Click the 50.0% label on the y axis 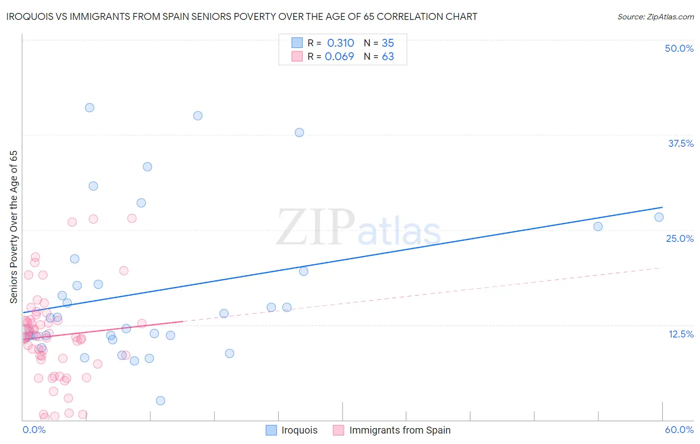(679, 48)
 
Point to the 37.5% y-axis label (681, 143)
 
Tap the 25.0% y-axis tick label (680, 238)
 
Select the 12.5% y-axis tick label (681, 334)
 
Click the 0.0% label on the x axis (34, 430)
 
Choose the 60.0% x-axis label (679, 430)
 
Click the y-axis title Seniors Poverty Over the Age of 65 (13, 227)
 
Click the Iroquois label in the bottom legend (299, 430)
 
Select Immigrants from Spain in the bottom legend (400, 430)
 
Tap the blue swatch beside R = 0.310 (297, 43)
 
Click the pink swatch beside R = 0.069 (297, 56)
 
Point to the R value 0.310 (341, 43)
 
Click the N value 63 (388, 56)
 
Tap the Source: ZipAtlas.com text (655, 16)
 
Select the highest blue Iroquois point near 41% (90, 108)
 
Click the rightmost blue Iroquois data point (659, 217)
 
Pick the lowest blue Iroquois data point (160, 401)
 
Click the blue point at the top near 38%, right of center (299, 132)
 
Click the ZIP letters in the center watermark (316, 227)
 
